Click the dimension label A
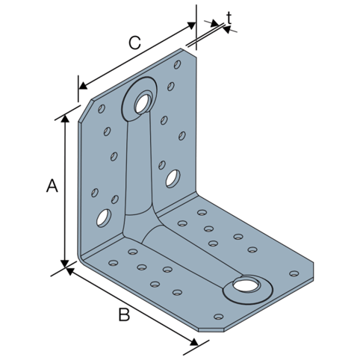pos(52,185)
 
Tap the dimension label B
pos(124,314)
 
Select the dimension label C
pos(134,43)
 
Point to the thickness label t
pos(229,18)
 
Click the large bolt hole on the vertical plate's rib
pos(143,103)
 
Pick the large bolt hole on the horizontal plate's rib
pos(245,285)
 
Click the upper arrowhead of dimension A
pos(65,119)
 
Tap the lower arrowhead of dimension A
pos(65,264)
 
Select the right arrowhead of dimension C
pos(191,25)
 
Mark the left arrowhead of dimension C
pos(83,85)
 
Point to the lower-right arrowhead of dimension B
pos(194,342)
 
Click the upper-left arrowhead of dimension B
pos(70,271)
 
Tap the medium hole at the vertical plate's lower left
pos(104,218)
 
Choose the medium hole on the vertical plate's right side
pos(173,179)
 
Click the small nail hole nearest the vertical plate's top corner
pos(177,64)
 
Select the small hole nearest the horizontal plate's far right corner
pos(294,273)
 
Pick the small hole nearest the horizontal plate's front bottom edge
pos(219,317)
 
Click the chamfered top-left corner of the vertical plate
pos(85,111)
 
